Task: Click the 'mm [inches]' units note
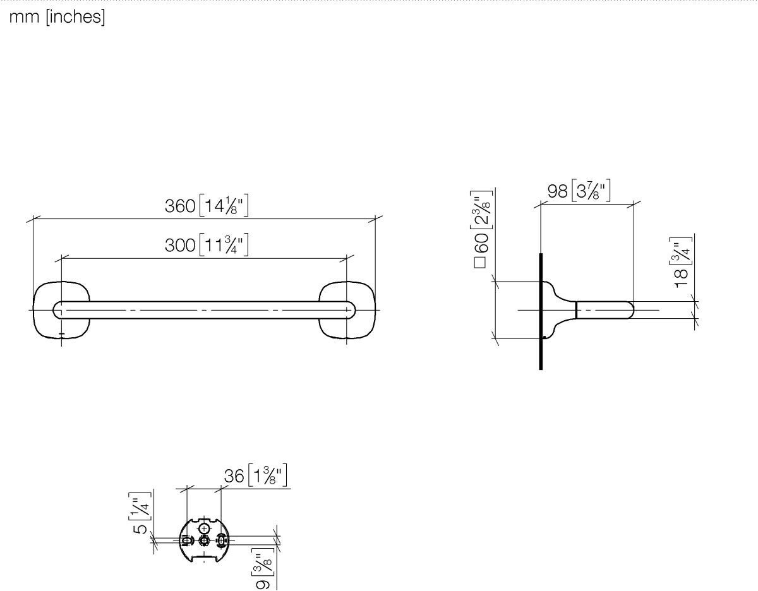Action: [57, 17]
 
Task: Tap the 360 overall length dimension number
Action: [180, 206]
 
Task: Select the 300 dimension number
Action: [180, 246]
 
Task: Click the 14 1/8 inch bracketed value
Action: [224, 206]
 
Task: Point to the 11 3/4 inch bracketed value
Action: [224, 245]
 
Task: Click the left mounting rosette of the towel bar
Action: [35, 310]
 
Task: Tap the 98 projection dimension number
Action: [557, 191]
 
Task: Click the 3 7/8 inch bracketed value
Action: [591, 191]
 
